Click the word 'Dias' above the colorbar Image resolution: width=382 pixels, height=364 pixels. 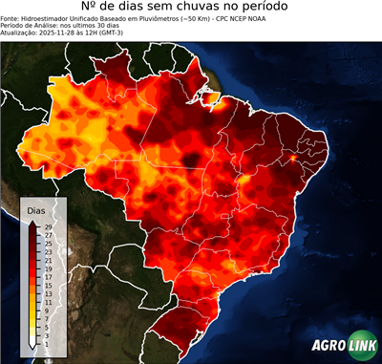(36, 209)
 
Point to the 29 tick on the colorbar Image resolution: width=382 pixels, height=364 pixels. (46, 225)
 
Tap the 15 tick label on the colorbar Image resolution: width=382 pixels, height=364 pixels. (46, 285)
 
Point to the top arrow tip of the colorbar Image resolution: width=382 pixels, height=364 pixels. (32, 221)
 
